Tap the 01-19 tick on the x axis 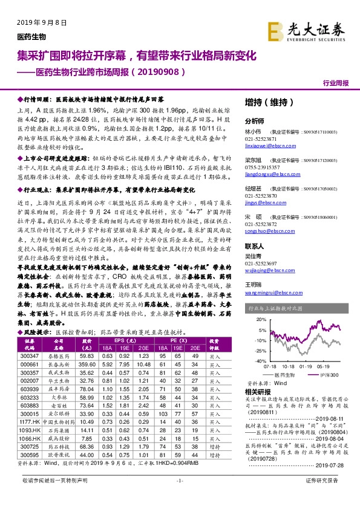(304, 366)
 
